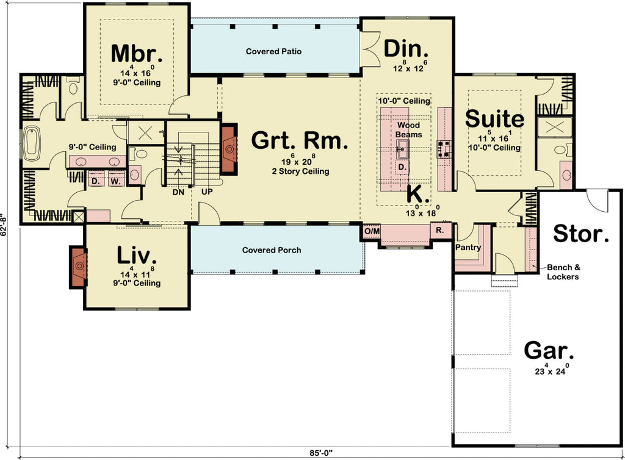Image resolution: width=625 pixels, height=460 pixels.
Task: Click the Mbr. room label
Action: pos(137,53)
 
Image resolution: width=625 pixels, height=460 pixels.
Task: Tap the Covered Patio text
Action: pos(273,52)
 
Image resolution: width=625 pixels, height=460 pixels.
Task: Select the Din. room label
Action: pos(406,48)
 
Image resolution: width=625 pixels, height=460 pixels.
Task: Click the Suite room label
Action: pos(494,119)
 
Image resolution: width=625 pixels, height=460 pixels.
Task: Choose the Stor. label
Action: pos(580,232)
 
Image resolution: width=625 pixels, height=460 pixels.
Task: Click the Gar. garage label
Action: pos(549,351)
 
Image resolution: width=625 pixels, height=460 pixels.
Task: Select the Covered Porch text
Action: pos(271,250)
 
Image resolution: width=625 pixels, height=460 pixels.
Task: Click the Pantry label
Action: pos(468,248)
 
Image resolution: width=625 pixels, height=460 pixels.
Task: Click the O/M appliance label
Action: pos(372,232)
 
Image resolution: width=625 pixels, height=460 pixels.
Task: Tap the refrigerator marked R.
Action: pos(439,231)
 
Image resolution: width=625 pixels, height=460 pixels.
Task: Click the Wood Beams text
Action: pos(408,130)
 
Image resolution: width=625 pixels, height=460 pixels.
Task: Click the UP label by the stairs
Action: pos(208,191)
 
